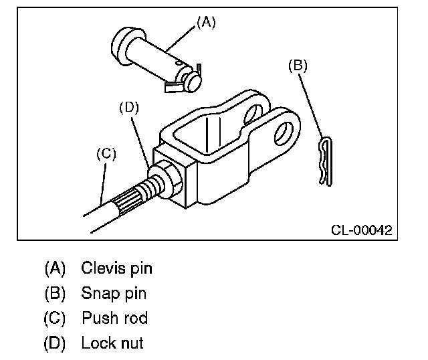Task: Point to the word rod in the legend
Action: click(x=134, y=319)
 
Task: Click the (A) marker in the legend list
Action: click(x=56, y=269)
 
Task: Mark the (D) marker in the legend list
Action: click(x=56, y=344)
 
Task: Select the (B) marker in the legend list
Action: click(x=56, y=294)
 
